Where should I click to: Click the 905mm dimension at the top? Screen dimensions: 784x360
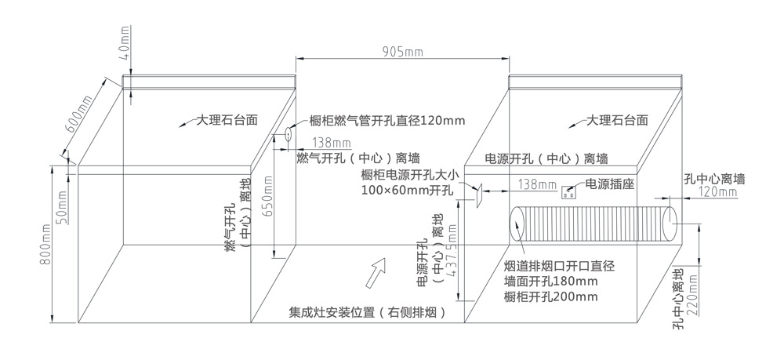(x=402, y=51)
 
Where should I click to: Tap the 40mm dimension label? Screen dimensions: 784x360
(x=125, y=42)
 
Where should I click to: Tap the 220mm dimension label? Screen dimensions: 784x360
(x=694, y=296)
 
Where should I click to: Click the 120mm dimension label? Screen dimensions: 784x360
(x=717, y=192)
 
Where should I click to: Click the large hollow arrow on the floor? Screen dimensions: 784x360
(x=376, y=272)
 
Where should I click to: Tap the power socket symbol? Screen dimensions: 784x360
(x=568, y=192)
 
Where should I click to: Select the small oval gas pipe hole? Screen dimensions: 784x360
(x=289, y=135)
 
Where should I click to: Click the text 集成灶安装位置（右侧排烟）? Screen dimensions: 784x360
(x=368, y=314)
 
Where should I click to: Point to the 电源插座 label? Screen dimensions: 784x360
(x=609, y=184)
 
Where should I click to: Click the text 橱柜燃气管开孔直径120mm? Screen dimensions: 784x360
(x=387, y=121)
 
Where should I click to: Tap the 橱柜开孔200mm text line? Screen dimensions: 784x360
(x=551, y=296)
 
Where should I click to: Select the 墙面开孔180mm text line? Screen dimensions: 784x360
(x=551, y=281)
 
